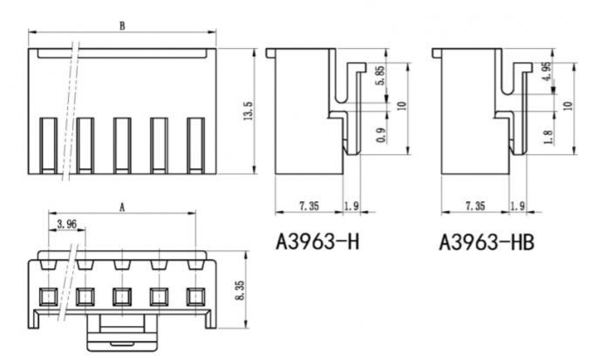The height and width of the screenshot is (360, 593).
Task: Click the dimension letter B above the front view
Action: pos(122,26)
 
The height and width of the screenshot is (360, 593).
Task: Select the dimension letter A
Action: pos(122,207)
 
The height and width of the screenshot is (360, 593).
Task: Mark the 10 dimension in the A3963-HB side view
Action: pos(569,105)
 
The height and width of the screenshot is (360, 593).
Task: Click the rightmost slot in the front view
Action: pos(195,143)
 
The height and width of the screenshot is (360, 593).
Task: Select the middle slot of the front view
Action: pos(122,143)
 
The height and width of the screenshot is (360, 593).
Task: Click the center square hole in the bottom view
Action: pos(122,295)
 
